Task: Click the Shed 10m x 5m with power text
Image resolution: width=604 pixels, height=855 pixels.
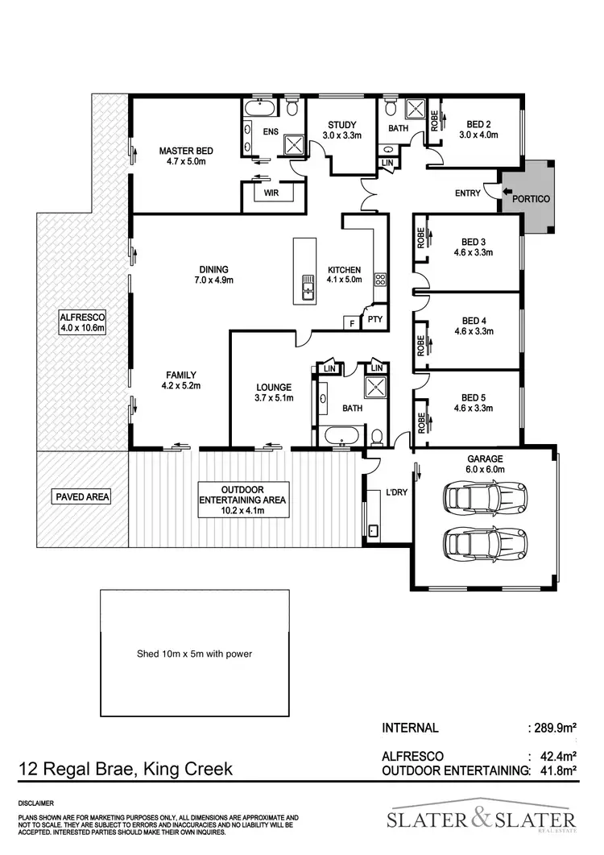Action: [x=194, y=654]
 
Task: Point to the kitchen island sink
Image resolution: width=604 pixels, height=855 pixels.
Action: [x=308, y=287]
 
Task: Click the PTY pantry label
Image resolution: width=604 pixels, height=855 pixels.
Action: [x=374, y=320]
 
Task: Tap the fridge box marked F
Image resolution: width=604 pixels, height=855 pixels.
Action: [x=351, y=323]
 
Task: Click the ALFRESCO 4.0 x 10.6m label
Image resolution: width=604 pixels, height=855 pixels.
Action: [x=83, y=322]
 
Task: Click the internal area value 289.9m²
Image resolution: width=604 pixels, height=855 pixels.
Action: [x=552, y=728]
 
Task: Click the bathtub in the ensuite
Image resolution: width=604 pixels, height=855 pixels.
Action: [x=260, y=107]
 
